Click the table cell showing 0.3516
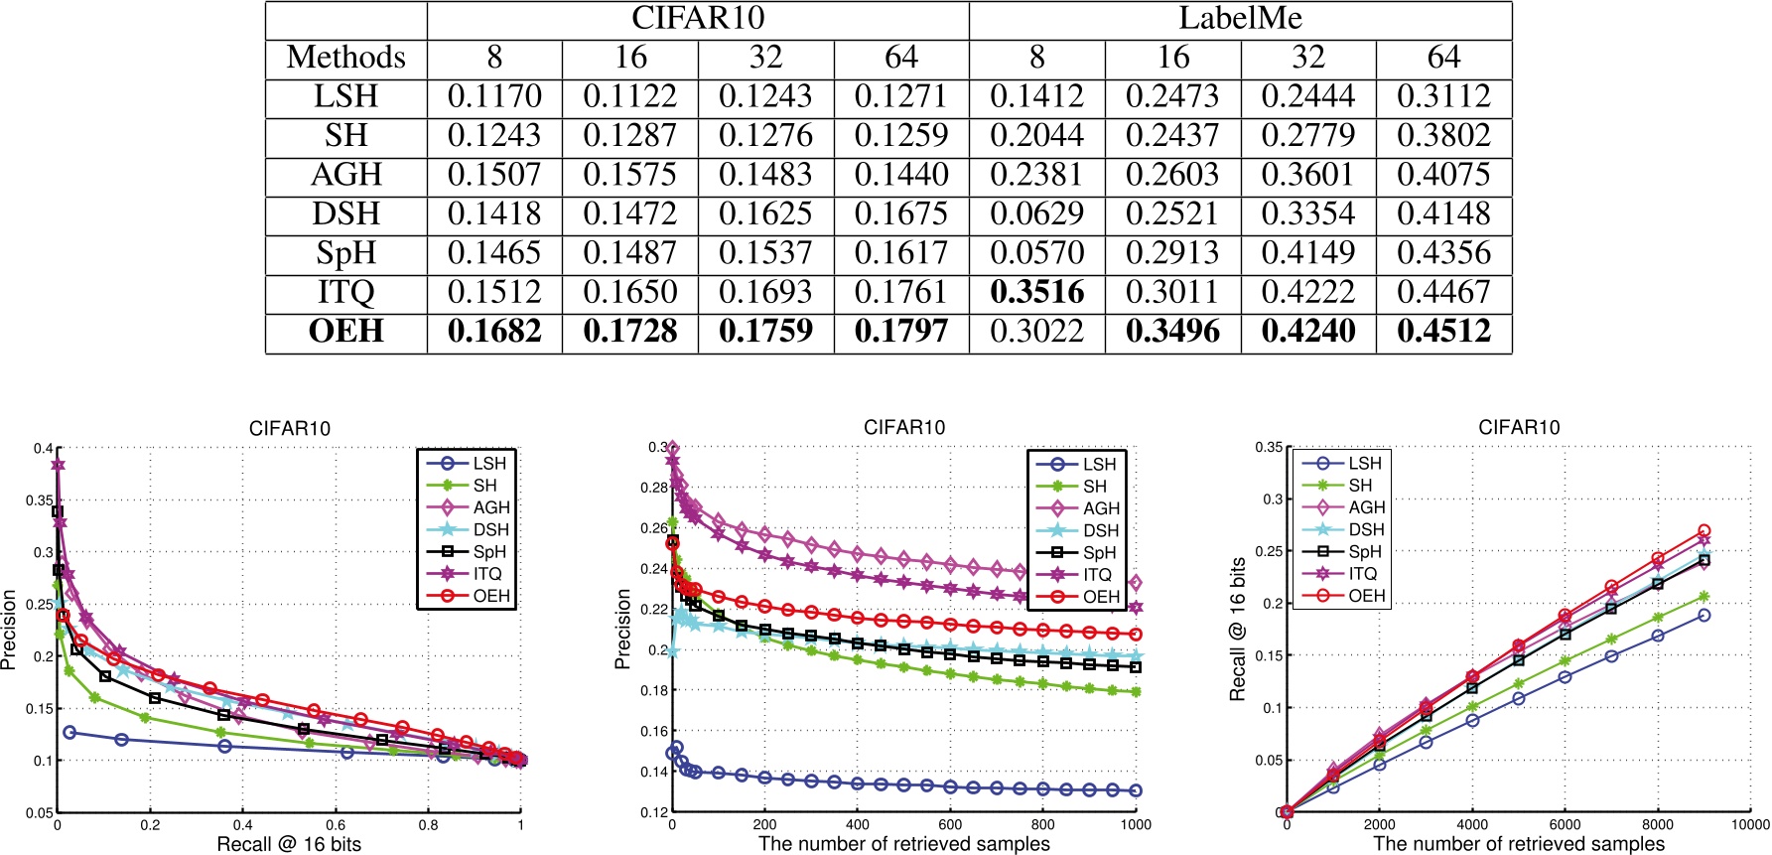(x=1036, y=292)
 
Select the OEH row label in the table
(x=345, y=331)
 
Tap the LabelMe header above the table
(x=1240, y=19)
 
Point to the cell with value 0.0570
(x=1036, y=253)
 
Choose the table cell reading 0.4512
(x=1443, y=331)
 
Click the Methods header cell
(x=345, y=58)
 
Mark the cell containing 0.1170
(x=494, y=96)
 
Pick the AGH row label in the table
(x=345, y=175)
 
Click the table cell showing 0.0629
(x=1036, y=214)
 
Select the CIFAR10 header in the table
(x=698, y=19)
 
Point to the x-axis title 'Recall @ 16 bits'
(x=289, y=844)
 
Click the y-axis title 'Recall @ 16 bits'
(x=1238, y=629)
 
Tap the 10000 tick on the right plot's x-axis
(x=1750, y=824)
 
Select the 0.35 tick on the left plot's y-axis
(x=40, y=500)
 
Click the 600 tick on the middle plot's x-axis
(x=950, y=824)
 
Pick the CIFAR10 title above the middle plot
(x=904, y=428)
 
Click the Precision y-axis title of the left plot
(x=10, y=629)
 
